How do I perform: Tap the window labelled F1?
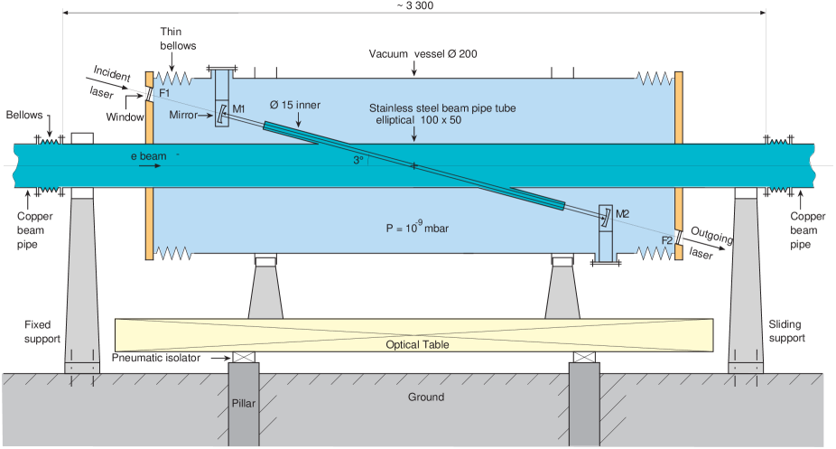click(151, 93)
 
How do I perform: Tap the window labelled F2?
click(677, 238)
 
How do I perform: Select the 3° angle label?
click(358, 160)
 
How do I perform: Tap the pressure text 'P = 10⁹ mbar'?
click(417, 228)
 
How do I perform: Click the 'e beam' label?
click(146, 156)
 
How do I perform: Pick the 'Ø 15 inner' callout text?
click(295, 105)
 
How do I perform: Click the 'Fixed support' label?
click(42, 332)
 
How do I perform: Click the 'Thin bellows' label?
click(173, 39)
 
